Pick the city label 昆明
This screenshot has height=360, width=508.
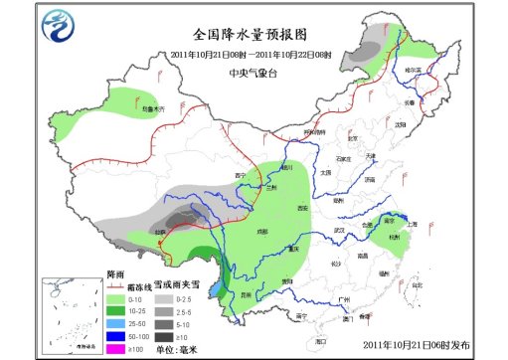245,294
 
